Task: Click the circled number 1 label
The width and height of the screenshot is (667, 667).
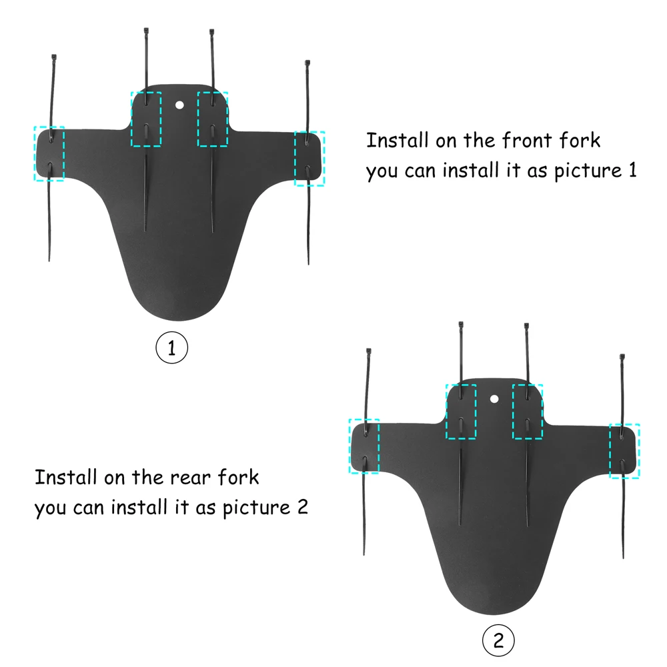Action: pos(172,348)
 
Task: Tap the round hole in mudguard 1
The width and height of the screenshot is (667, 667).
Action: pos(179,104)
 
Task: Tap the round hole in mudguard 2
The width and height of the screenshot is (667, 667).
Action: pos(494,398)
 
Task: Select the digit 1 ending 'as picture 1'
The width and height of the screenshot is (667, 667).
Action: pos(631,170)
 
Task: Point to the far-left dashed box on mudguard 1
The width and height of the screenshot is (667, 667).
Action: pos(49,153)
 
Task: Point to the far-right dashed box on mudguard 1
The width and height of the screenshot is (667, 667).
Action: pos(309,158)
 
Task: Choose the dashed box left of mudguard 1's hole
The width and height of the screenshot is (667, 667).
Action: pos(146,119)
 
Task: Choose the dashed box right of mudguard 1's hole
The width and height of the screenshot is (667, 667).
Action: pos(213,119)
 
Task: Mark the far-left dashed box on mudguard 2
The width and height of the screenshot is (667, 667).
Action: pos(364,446)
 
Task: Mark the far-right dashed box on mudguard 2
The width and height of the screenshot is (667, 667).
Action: pos(625,451)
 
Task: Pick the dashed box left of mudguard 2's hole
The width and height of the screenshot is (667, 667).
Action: pos(462,412)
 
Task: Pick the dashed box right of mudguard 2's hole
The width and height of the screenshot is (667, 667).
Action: pos(528,412)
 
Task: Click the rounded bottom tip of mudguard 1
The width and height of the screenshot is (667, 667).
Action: pos(171,319)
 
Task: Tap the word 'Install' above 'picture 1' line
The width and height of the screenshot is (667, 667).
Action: pos(398,141)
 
